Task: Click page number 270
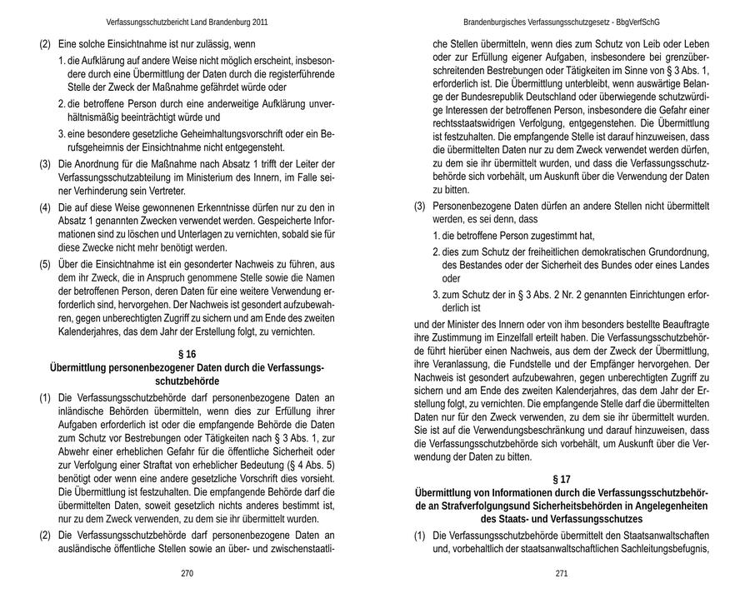click(187, 574)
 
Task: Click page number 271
click(562, 574)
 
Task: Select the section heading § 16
click(187, 354)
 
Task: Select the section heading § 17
click(562, 480)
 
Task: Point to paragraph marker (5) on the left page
click(46, 265)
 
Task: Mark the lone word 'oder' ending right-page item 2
click(452, 279)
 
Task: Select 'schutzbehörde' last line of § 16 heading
click(187, 381)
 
